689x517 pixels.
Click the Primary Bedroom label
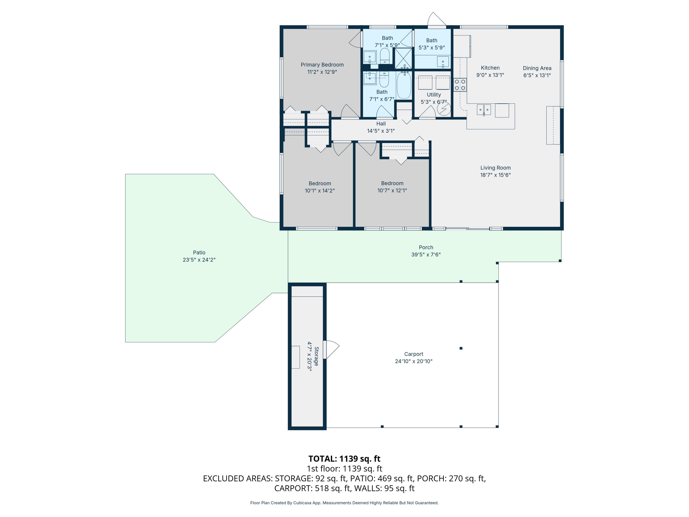coord(322,65)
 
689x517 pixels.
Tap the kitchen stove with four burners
coord(460,85)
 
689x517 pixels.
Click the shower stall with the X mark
coord(403,58)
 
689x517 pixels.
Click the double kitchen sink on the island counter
coord(484,110)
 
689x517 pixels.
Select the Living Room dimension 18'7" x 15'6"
coord(495,175)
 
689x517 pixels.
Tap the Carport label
coord(413,354)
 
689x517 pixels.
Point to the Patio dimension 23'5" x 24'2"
coord(199,260)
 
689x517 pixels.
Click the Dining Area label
coord(537,68)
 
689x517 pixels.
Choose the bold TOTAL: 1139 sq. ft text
coord(344,459)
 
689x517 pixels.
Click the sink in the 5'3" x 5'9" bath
coord(443,62)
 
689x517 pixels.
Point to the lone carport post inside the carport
coord(461,348)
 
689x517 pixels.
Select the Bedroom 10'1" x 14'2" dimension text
coord(320,191)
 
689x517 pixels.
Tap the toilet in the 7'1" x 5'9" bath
coord(385,56)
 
